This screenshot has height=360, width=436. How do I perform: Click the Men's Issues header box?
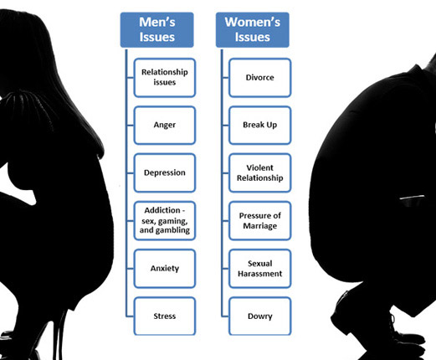coord(156,30)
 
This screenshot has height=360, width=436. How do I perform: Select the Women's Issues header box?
coord(253,30)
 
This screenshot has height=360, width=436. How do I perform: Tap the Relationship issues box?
coord(165,78)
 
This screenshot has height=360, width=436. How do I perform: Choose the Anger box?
coord(165,126)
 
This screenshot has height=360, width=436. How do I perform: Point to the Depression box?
coord(165,172)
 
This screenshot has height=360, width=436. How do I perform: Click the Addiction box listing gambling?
coord(165,220)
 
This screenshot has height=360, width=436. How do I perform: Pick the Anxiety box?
coord(165,269)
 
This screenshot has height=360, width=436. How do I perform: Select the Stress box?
coord(165,316)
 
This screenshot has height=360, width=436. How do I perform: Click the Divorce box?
coord(260,78)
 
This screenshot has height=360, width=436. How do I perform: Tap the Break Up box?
coord(260,126)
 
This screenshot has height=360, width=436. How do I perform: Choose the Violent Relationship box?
coord(260,172)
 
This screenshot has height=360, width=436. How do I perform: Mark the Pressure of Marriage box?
coord(260,220)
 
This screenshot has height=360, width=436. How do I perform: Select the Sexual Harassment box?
coord(260,269)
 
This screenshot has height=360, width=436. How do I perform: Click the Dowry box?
coord(260,316)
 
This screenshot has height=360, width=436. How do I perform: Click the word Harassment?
coord(260,274)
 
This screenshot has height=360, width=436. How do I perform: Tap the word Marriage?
coord(260,226)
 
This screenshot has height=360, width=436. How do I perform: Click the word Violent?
coord(260,167)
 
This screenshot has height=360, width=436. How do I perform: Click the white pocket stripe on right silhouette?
coord(412,198)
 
